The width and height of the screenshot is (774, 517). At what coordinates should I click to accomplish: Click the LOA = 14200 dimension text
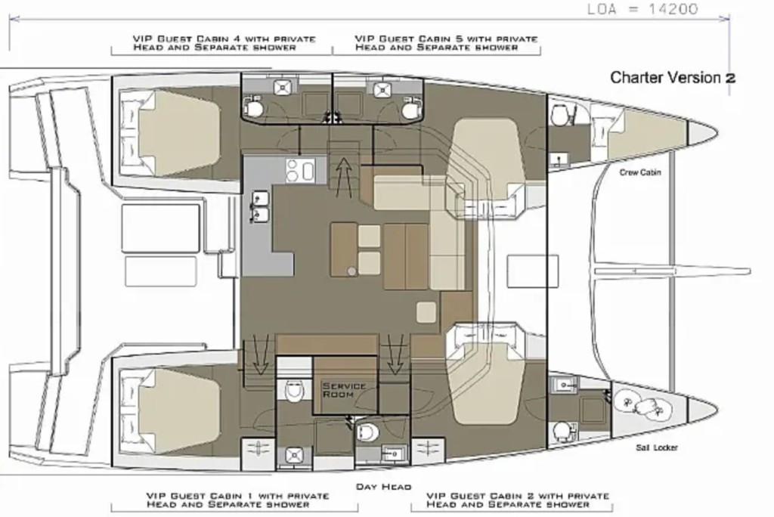tap(642, 9)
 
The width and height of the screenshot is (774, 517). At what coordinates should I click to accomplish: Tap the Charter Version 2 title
tap(673, 78)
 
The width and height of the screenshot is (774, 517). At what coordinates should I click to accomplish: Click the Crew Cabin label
tap(639, 172)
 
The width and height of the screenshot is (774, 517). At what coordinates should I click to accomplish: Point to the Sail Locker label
tap(657, 447)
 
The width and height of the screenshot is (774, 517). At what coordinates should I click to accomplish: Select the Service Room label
tap(344, 390)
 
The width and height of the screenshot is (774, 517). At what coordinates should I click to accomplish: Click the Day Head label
tap(383, 487)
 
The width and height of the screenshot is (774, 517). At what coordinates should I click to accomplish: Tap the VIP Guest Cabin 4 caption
tap(224, 43)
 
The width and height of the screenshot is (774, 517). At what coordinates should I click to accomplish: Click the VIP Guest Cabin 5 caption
tap(446, 43)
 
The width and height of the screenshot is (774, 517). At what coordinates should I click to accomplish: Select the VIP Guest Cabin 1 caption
tap(237, 500)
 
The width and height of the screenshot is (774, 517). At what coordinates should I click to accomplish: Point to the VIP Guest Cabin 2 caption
tap(518, 500)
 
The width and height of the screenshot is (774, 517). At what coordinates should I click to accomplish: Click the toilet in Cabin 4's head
tap(255, 107)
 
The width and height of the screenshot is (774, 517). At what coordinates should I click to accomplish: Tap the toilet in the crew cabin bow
tap(560, 115)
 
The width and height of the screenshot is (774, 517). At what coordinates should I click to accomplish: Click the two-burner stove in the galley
tap(301, 170)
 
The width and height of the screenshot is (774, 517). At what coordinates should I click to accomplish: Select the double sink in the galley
tap(260, 207)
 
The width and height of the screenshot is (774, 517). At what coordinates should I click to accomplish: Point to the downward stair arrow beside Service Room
tap(394, 354)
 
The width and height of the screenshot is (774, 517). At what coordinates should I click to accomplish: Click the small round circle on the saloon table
tap(351, 271)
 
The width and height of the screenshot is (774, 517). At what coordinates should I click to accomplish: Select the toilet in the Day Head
tap(367, 432)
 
